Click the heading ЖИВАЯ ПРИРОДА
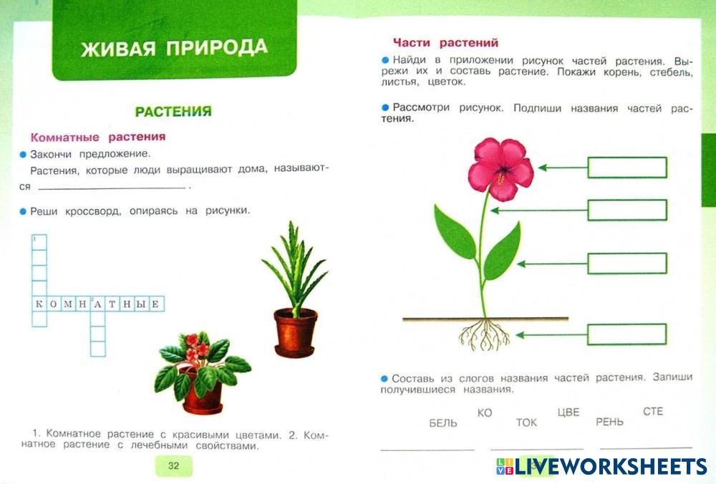pyautogui.click(x=174, y=47)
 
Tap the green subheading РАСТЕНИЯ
pyautogui.click(x=173, y=112)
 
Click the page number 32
pyautogui.click(x=173, y=465)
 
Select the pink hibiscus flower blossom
pyautogui.click(x=501, y=168)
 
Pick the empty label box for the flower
pyautogui.click(x=627, y=168)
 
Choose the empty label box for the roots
pyautogui.click(x=627, y=334)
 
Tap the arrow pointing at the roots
pyautogui.click(x=551, y=335)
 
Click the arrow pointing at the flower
pyautogui.click(x=563, y=168)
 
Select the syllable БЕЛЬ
pyautogui.click(x=443, y=423)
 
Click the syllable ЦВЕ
pyautogui.click(x=569, y=412)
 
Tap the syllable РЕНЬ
pyautogui.click(x=609, y=422)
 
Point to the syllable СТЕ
pyautogui.click(x=652, y=412)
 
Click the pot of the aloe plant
pyautogui.click(x=296, y=332)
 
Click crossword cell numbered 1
pyautogui.click(x=39, y=243)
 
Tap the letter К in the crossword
pyautogui.click(x=39, y=304)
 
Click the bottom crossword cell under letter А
pyautogui.click(x=97, y=349)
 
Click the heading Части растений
pyautogui.click(x=445, y=43)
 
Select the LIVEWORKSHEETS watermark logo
pyautogui.click(x=601, y=467)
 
